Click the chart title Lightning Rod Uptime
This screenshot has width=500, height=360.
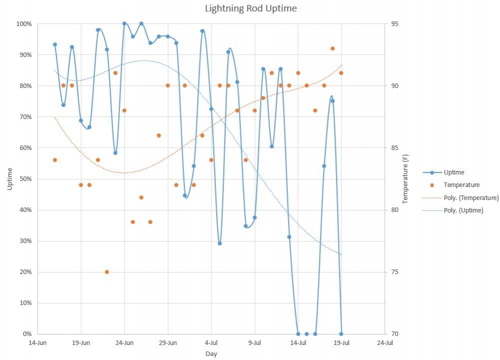[x=250, y=8]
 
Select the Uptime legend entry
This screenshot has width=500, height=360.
[x=453, y=172]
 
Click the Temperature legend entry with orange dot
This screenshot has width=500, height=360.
[x=461, y=185]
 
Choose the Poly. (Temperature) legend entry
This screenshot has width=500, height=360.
[x=471, y=198]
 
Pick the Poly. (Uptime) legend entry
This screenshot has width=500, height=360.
[x=463, y=210]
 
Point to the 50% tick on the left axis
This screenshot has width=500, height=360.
[x=24, y=179]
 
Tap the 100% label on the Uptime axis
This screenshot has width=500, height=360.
[x=23, y=24]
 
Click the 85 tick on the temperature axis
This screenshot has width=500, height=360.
[x=394, y=148]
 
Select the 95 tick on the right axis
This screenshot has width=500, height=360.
[x=394, y=24]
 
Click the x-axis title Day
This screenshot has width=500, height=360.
[x=211, y=353]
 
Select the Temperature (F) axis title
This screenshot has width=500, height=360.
[x=405, y=178]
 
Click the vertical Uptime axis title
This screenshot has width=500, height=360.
[x=9, y=178]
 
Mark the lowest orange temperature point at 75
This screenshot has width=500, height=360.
[x=107, y=272]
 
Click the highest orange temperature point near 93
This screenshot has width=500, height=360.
[x=332, y=48]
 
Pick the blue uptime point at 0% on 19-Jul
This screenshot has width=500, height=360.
[x=341, y=334]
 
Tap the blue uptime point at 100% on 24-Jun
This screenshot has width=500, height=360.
[x=124, y=23]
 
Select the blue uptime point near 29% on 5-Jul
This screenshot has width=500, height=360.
[x=219, y=243]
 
